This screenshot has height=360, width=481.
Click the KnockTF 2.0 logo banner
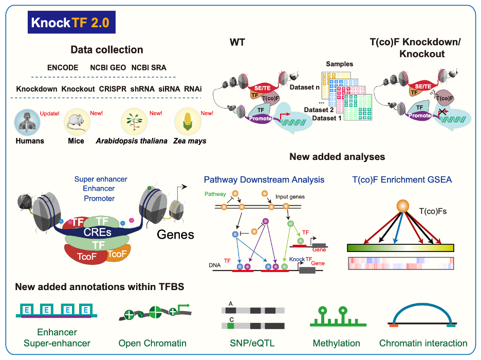point(72,23)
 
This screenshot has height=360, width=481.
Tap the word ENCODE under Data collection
point(62,67)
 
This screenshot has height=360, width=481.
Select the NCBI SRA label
point(149,67)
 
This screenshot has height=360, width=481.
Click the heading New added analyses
point(337,156)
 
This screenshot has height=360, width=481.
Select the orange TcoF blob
point(117,254)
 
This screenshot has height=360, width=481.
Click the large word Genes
point(176,235)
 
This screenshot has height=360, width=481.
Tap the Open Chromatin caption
point(152,343)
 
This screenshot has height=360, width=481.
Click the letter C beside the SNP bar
point(231,319)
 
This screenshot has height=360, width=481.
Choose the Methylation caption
point(337,343)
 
